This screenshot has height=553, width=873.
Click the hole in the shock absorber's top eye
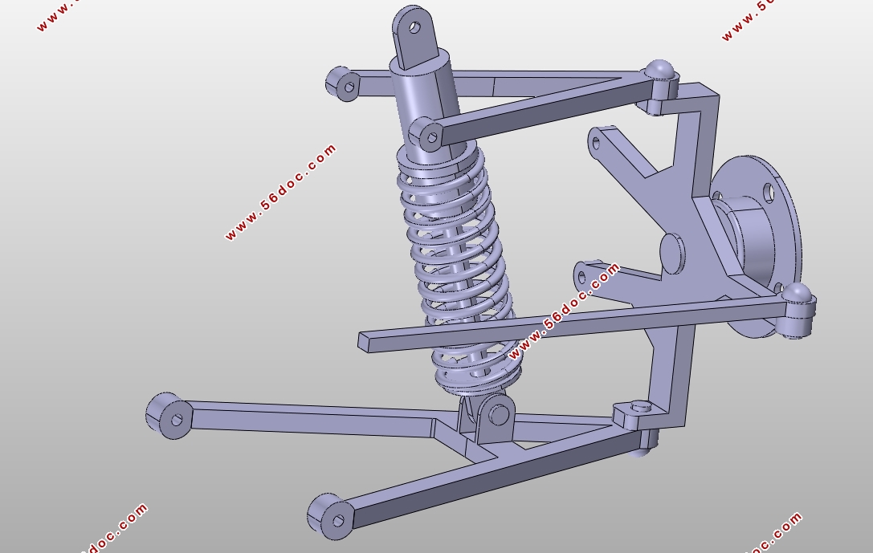tap(414, 27)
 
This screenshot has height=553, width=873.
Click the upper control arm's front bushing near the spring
tap(426, 135)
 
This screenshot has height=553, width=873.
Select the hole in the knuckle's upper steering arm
tap(596, 144)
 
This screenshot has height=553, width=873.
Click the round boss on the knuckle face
tap(671, 254)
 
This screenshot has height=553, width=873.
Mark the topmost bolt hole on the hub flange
tap(769, 192)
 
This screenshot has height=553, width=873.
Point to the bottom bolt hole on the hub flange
tap(777, 287)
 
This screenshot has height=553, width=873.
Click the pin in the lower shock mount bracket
tap(499, 415)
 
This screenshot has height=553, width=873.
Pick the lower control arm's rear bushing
tap(167, 415)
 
